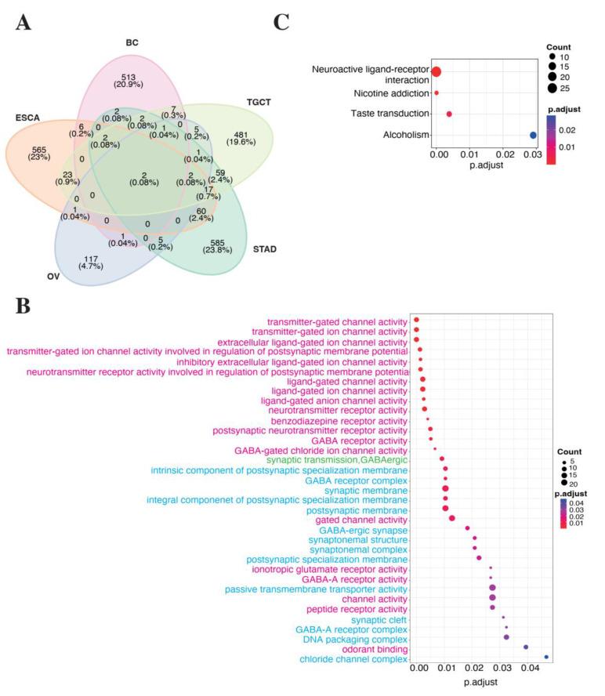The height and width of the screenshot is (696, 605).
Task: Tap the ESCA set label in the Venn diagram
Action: click(x=27, y=118)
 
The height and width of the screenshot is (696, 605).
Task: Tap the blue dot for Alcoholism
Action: click(x=534, y=136)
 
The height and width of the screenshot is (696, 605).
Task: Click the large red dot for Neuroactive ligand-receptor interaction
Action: click(x=437, y=72)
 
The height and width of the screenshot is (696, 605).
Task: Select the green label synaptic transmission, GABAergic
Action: click(x=337, y=460)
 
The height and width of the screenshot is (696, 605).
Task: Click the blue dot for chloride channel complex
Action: click(x=546, y=658)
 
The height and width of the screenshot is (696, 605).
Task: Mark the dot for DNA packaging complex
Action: click(x=506, y=637)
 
